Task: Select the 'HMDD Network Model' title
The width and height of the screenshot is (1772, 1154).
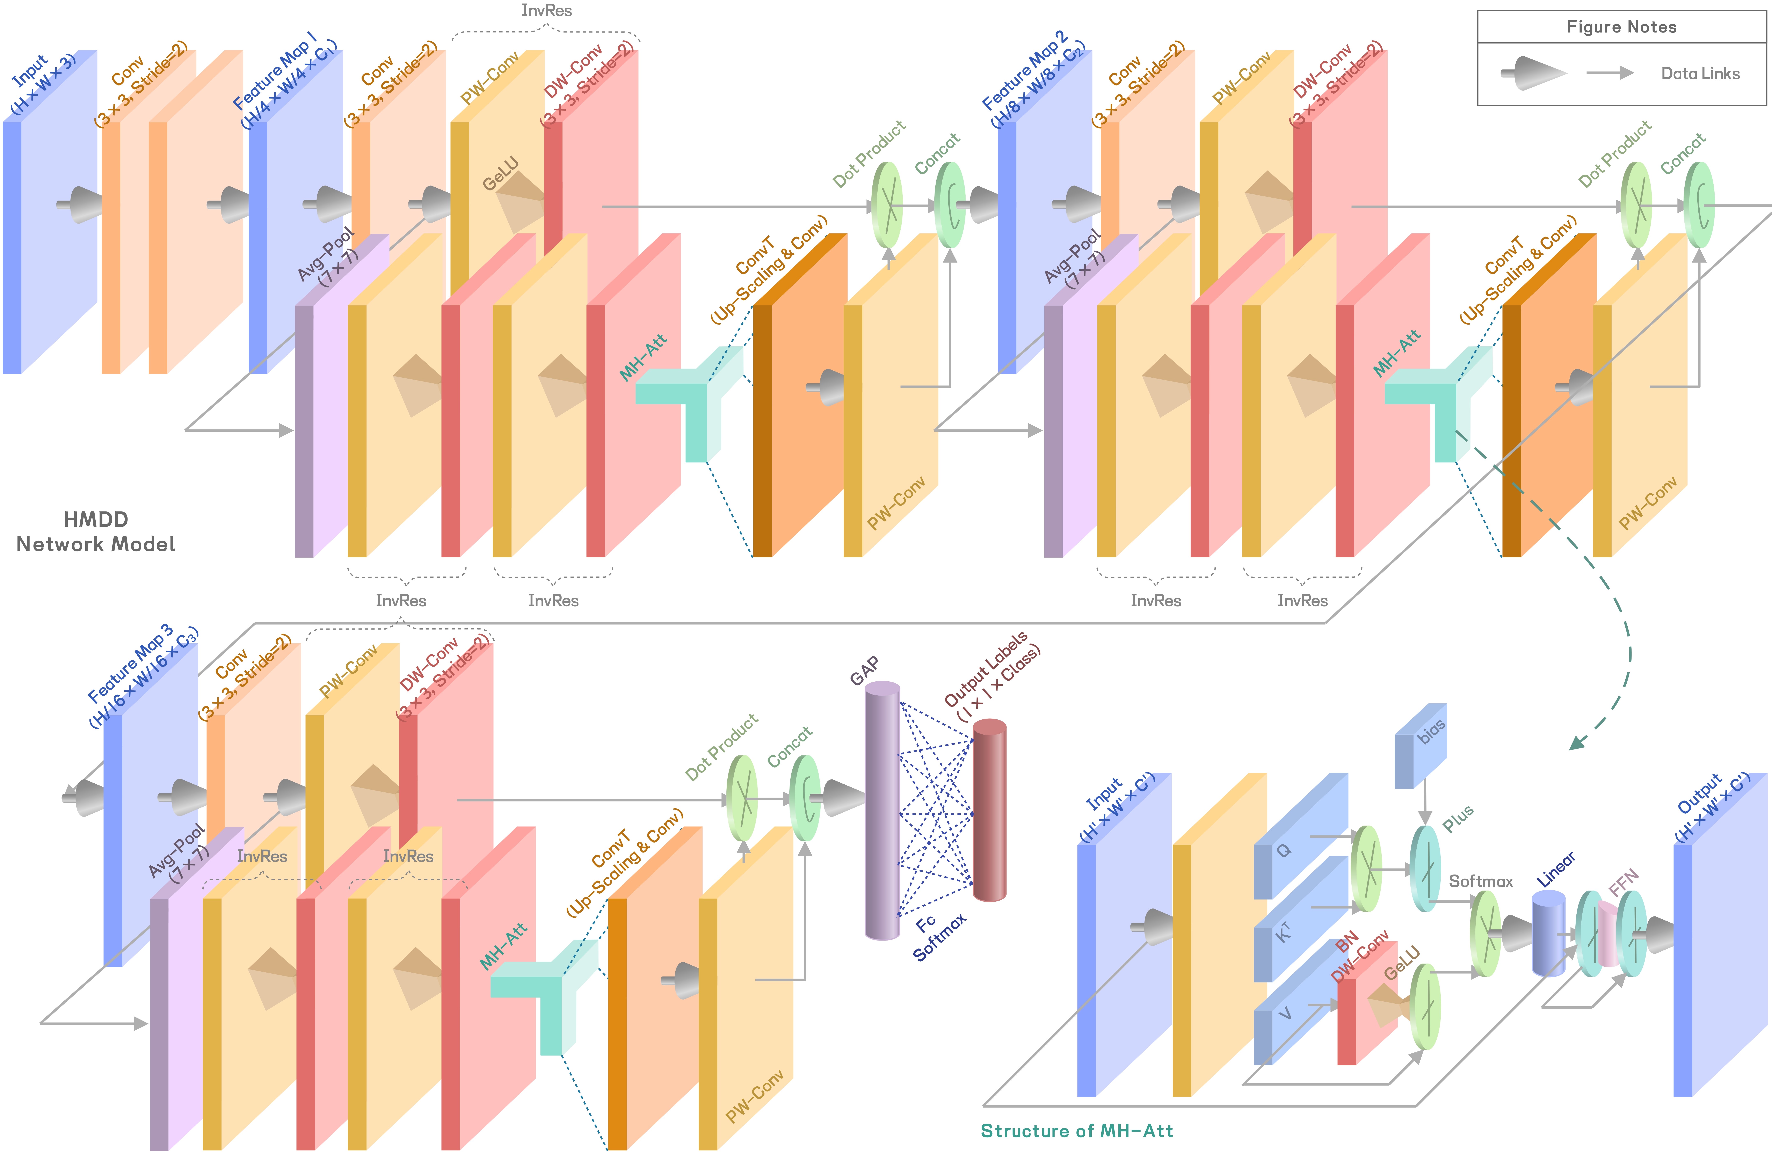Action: (x=95, y=532)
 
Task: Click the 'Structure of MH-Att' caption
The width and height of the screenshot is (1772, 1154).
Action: (x=1077, y=1131)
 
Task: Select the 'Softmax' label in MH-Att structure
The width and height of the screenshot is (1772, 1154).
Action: (x=1480, y=881)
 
